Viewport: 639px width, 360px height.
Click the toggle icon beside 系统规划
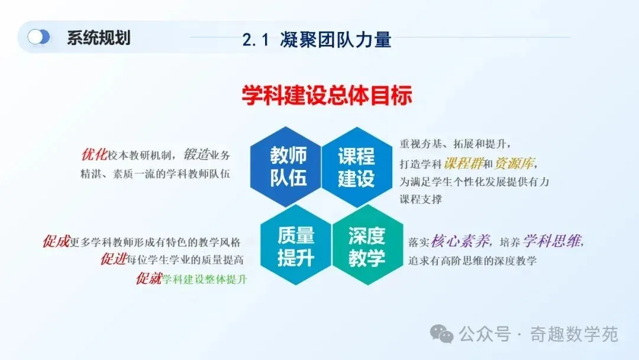pyautogui.click(x=38, y=37)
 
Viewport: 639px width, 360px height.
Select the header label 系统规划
pyautogui.click(x=99, y=37)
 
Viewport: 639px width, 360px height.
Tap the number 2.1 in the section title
pyautogui.click(x=256, y=40)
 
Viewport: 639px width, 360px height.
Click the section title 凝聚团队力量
pyautogui.click(x=335, y=40)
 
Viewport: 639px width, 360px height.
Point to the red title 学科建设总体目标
pyautogui.click(x=327, y=95)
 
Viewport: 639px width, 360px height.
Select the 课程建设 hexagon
pyautogui.click(x=357, y=167)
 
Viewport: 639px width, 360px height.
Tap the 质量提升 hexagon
pyautogui.click(x=296, y=246)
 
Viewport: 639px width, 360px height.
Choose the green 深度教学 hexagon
pyautogui.click(x=367, y=246)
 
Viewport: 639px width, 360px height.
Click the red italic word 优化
pyautogui.click(x=94, y=155)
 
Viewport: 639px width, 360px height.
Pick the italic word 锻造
pyautogui.click(x=196, y=154)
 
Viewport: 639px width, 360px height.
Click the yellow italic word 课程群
pyautogui.click(x=463, y=163)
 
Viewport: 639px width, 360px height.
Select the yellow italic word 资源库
pyautogui.click(x=514, y=163)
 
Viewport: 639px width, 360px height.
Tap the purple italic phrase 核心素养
pyautogui.click(x=460, y=242)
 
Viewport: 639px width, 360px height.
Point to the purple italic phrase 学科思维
pyautogui.click(x=552, y=242)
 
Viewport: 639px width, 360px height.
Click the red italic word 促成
pyautogui.click(x=56, y=242)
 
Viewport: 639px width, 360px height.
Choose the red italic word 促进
pyautogui.click(x=114, y=259)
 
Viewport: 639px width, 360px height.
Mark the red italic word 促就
pyautogui.click(x=149, y=278)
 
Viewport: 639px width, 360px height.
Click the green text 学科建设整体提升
pyautogui.click(x=205, y=279)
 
